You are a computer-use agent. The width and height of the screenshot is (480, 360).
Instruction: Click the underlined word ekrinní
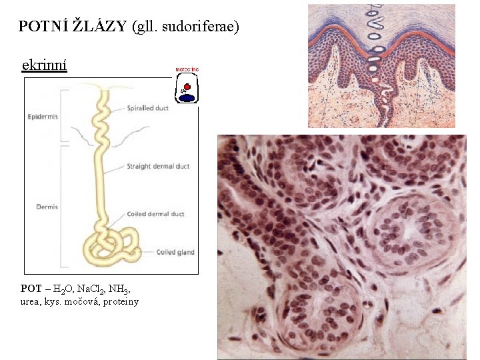tap(44, 65)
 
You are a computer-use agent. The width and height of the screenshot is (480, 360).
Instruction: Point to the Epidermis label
tap(43, 117)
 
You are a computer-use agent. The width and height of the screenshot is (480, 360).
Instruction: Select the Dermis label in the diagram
tap(47, 207)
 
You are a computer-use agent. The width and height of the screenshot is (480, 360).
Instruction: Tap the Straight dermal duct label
tap(158, 166)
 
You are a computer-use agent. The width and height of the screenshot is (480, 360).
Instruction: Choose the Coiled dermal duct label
tap(155, 214)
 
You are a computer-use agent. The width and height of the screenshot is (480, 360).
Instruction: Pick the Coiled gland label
tap(175, 252)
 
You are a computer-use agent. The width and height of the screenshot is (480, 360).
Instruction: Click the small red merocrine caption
tap(187, 69)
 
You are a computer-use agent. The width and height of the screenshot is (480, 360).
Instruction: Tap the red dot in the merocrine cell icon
tap(188, 87)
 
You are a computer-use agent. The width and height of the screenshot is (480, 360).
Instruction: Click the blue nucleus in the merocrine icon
tap(187, 98)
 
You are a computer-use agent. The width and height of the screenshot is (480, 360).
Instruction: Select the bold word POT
tap(31, 289)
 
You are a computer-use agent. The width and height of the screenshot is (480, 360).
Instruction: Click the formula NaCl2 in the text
tap(89, 289)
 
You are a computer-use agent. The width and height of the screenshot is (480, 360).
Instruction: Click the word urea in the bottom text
tap(30, 302)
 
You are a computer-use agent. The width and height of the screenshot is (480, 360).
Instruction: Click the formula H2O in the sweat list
tap(61, 289)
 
